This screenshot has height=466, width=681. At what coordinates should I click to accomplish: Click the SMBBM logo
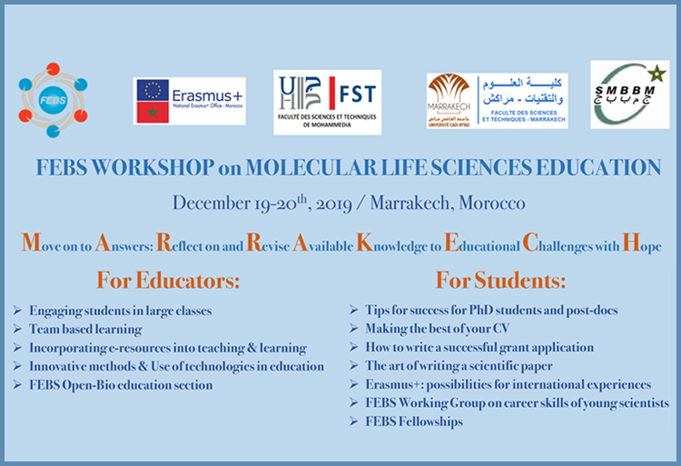[628, 94]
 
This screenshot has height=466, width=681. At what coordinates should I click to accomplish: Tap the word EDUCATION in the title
[594, 168]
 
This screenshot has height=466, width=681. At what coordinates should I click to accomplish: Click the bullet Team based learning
[85, 330]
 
